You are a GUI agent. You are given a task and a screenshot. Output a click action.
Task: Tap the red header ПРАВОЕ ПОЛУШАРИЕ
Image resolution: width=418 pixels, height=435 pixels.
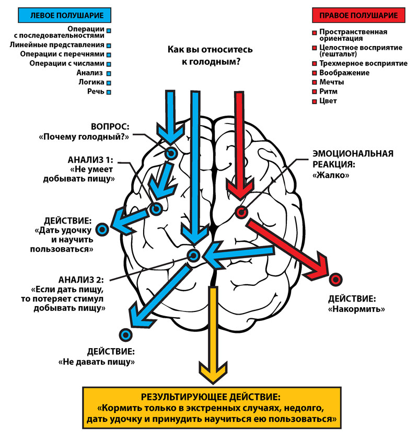(x=358, y=15)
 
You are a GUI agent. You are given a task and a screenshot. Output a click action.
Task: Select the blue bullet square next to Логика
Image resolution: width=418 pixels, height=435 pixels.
(x=109, y=83)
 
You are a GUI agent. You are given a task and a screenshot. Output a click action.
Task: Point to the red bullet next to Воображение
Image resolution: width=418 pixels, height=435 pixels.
(x=314, y=73)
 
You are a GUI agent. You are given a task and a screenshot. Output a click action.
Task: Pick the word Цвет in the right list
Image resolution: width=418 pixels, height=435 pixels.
(x=328, y=101)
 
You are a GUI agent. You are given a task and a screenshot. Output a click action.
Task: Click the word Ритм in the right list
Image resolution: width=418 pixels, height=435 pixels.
(x=328, y=92)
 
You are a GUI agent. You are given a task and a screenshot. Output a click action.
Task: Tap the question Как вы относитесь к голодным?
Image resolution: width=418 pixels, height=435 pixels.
(x=210, y=55)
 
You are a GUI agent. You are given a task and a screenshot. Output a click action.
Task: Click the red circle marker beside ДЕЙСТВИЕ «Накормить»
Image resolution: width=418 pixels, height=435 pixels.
(x=334, y=279)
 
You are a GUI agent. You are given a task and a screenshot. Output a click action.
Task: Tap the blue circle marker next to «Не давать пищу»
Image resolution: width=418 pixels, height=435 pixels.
(x=124, y=334)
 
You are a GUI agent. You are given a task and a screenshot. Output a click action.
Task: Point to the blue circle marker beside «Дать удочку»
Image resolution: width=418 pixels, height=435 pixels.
(x=102, y=229)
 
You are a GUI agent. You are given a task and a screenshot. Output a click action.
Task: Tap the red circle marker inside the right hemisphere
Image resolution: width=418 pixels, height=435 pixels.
(x=241, y=212)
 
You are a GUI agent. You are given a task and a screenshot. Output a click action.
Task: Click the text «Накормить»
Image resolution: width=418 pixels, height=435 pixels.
(x=356, y=309)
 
